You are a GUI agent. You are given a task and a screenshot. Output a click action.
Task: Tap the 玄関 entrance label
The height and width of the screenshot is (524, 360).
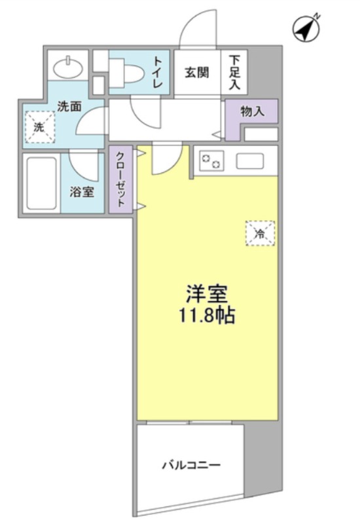(x=197, y=73)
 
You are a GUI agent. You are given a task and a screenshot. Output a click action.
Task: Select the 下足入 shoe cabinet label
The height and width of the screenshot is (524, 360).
(x=234, y=73)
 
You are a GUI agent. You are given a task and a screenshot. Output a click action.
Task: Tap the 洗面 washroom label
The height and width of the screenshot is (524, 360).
(x=69, y=107)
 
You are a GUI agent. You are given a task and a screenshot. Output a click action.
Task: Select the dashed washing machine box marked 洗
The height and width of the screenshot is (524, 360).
(x=40, y=127)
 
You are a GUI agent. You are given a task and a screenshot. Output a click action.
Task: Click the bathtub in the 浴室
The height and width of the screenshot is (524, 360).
(x=41, y=183)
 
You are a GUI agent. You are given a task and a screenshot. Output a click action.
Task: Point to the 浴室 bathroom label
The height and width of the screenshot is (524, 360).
(x=82, y=192)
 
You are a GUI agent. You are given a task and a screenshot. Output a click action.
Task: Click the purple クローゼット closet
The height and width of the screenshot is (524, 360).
(x=121, y=179)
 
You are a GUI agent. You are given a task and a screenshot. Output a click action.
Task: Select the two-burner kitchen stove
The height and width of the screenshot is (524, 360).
(x=211, y=160)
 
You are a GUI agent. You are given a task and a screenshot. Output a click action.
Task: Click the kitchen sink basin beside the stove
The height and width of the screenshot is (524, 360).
(x=250, y=160)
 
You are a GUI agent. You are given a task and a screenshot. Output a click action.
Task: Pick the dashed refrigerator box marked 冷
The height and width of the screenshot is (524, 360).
(x=260, y=233)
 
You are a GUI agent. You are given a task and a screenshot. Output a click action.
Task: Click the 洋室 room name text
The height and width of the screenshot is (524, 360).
(x=207, y=293)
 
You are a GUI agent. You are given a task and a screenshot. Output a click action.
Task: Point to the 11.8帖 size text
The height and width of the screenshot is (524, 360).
(x=207, y=315)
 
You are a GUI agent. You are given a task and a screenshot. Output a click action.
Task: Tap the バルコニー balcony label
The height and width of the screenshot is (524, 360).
(x=191, y=465)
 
